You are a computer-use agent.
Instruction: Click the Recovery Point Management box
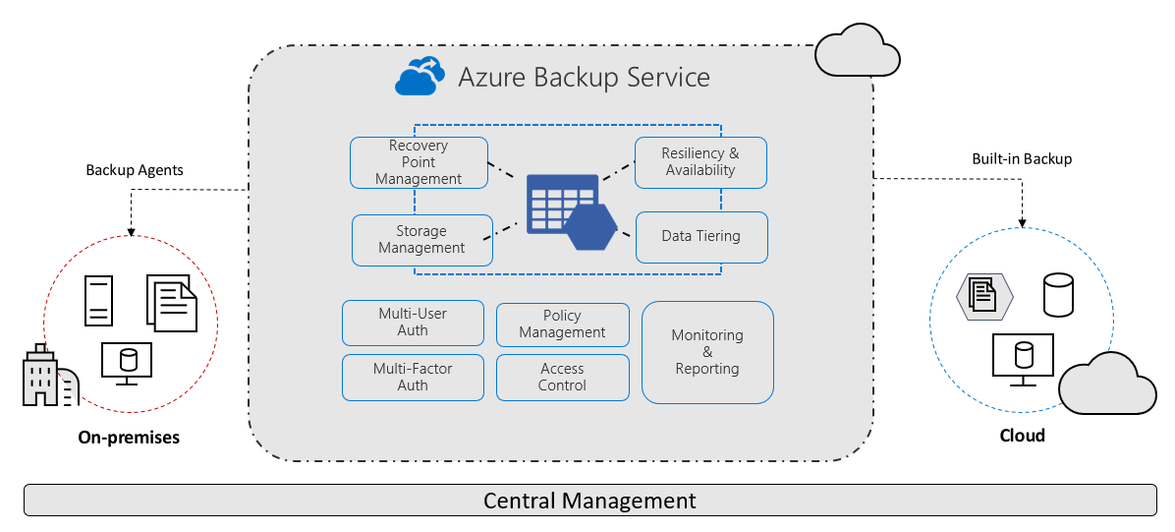[419, 162]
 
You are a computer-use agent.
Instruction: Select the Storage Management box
[421, 240]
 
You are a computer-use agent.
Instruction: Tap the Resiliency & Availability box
[699, 162]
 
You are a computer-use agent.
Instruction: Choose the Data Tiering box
[700, 237]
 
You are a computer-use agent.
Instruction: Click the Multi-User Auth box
[413, 323]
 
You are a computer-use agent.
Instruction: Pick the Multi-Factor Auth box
[413, 378]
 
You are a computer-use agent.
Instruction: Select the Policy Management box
[562, 325]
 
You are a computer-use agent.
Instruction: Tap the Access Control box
[562, 378]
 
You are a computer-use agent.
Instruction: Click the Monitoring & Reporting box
[707, 352]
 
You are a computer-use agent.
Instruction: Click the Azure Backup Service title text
[584, 77]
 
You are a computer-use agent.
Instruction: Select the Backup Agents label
[135, 170]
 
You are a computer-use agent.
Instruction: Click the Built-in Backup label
[1022, 158]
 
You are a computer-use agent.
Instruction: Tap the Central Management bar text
[589, 501]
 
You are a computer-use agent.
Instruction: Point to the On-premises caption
[129, 438]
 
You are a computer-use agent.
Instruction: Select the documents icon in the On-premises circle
[172, 303]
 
